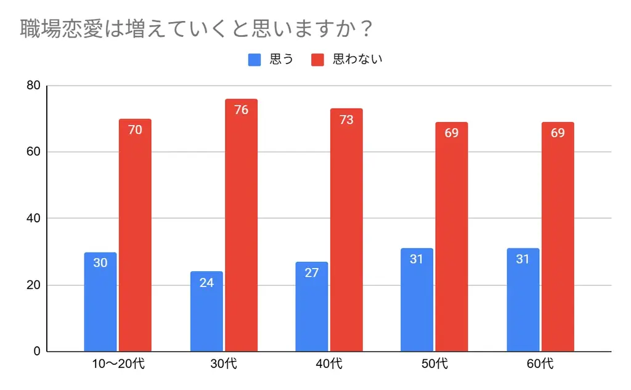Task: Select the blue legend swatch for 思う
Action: click(255, 60)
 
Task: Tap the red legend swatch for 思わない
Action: click(317, 60)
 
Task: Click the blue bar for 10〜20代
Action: click(100, 302)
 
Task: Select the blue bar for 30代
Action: click(206, 311)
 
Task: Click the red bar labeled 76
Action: click(241, 225)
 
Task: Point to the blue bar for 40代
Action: click(312, 307)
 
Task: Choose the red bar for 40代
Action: click(346, 230)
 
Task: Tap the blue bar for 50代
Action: click(417, 300)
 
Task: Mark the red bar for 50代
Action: click(452, 237)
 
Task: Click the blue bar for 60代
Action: click(523, 300)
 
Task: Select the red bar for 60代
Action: click(558, 237)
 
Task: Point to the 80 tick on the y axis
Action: click(33, 86)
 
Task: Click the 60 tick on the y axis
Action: click(33, 152)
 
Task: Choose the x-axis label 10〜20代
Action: click(118, 364)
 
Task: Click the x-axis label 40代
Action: click(328, 364)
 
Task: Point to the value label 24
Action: click(206, 283)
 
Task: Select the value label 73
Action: click(346, 120)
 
